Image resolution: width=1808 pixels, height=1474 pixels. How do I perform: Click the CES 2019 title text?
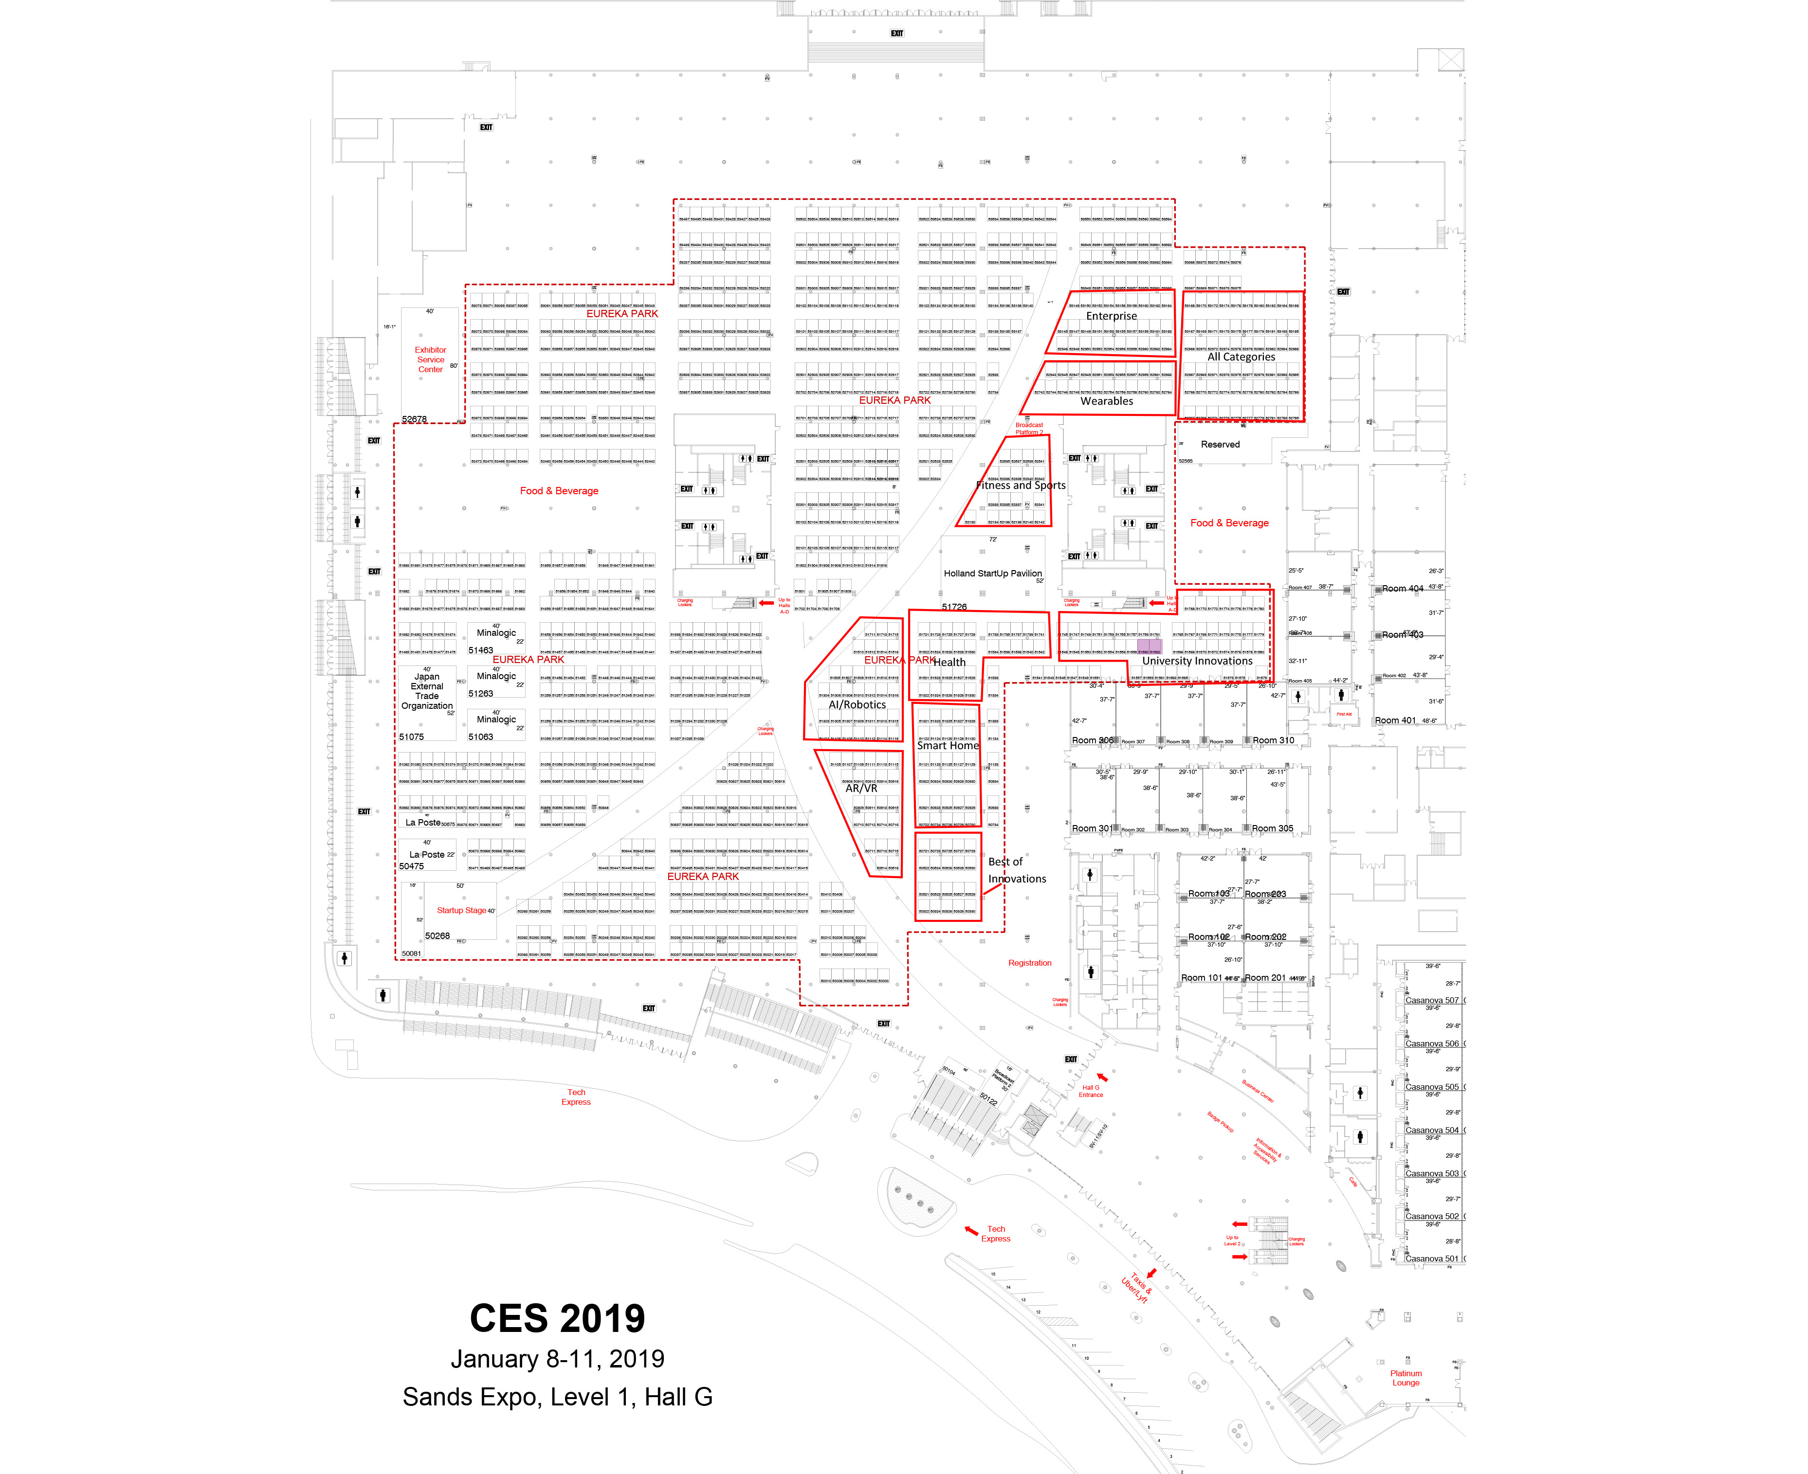pyautogui.click(x=557, y=1319)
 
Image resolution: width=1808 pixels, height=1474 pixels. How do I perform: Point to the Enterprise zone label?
pyautogui.click(x=1111, y=316)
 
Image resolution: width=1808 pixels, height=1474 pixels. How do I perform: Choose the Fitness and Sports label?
pyautogui.click(x=1020, y=485)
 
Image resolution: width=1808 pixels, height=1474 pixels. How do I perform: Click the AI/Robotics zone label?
pyautogui.click(x=857, y=705)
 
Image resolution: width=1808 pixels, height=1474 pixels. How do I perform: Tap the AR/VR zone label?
pyautogui.click(x=861, y=788)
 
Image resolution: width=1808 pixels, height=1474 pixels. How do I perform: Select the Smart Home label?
pyautogui.click(x=948, y=745)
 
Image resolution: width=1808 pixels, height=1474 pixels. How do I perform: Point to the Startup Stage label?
pyautogui.click(x=461, y=910)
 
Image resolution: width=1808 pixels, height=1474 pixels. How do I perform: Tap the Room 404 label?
pyautogui.click(x=1402, y=589)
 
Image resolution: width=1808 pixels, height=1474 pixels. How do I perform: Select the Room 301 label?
pyautogui.click(x=1091, y=829)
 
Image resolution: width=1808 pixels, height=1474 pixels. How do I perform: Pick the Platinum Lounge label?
pyautogui.click(x=1406, y=1377)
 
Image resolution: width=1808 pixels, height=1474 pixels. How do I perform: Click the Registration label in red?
pyautogui.click(x=1029, y=963)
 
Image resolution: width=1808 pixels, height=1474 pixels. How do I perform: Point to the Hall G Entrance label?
pyautogui.click(x=1091, y=1091)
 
